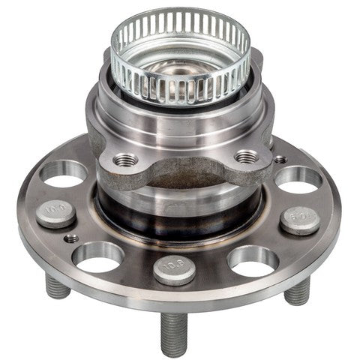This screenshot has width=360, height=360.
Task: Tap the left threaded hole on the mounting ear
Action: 125,159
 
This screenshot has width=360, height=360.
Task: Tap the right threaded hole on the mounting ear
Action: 246,157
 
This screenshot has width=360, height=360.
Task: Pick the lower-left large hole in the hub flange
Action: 98,256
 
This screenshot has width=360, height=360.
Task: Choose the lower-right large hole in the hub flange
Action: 253,259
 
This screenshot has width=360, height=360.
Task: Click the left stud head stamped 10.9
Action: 55,214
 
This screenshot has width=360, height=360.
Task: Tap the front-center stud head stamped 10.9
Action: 174,268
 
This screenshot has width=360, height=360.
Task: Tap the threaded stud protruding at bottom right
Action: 298,291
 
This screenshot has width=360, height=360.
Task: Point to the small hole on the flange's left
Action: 71,239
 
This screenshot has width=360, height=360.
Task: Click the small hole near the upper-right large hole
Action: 280,159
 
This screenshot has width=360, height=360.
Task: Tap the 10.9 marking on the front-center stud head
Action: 174,266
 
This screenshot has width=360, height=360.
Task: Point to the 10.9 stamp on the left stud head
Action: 55,212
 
